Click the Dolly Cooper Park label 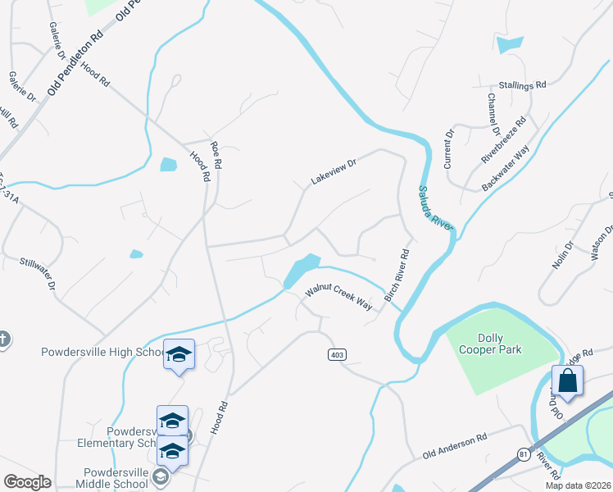500,344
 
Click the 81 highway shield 523,453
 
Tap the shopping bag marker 567,381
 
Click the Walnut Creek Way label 338,298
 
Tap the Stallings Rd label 523,84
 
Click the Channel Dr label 493,114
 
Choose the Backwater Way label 506,169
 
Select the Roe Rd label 216,155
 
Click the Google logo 27,482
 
